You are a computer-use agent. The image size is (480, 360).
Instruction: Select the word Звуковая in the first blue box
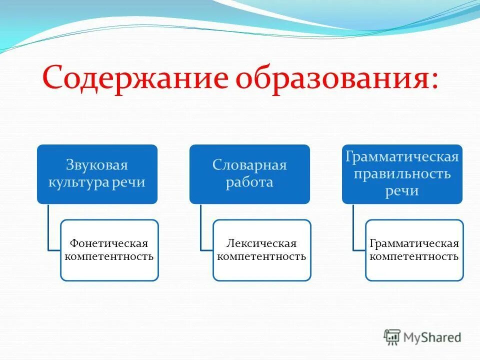(x=97, y=165)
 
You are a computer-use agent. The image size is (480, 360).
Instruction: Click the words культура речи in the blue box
(x=97, y=182)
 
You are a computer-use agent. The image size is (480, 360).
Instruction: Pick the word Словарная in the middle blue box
(x=249, y=165)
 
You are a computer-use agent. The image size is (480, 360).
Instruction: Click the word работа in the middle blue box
(x=249, y=182)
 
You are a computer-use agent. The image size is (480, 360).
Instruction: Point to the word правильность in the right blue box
(x=402, y=174)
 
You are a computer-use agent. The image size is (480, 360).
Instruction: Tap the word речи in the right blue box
(x=402, y=191)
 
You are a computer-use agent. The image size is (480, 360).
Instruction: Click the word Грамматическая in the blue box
(x=402, y=157)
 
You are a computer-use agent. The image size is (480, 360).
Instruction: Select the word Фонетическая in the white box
(x=109, y=243)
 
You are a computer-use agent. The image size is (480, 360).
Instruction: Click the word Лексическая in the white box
(x=261, y=243)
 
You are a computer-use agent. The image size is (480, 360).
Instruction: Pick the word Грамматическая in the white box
(x=414, y=243)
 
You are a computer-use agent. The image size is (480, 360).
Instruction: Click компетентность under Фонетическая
(x=109, y=257)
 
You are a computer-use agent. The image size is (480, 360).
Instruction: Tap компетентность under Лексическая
(x=261, y=257)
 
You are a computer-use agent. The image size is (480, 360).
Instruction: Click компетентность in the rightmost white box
(x=414, y=257)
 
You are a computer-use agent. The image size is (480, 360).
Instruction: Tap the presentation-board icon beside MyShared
(x=392, y=337)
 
